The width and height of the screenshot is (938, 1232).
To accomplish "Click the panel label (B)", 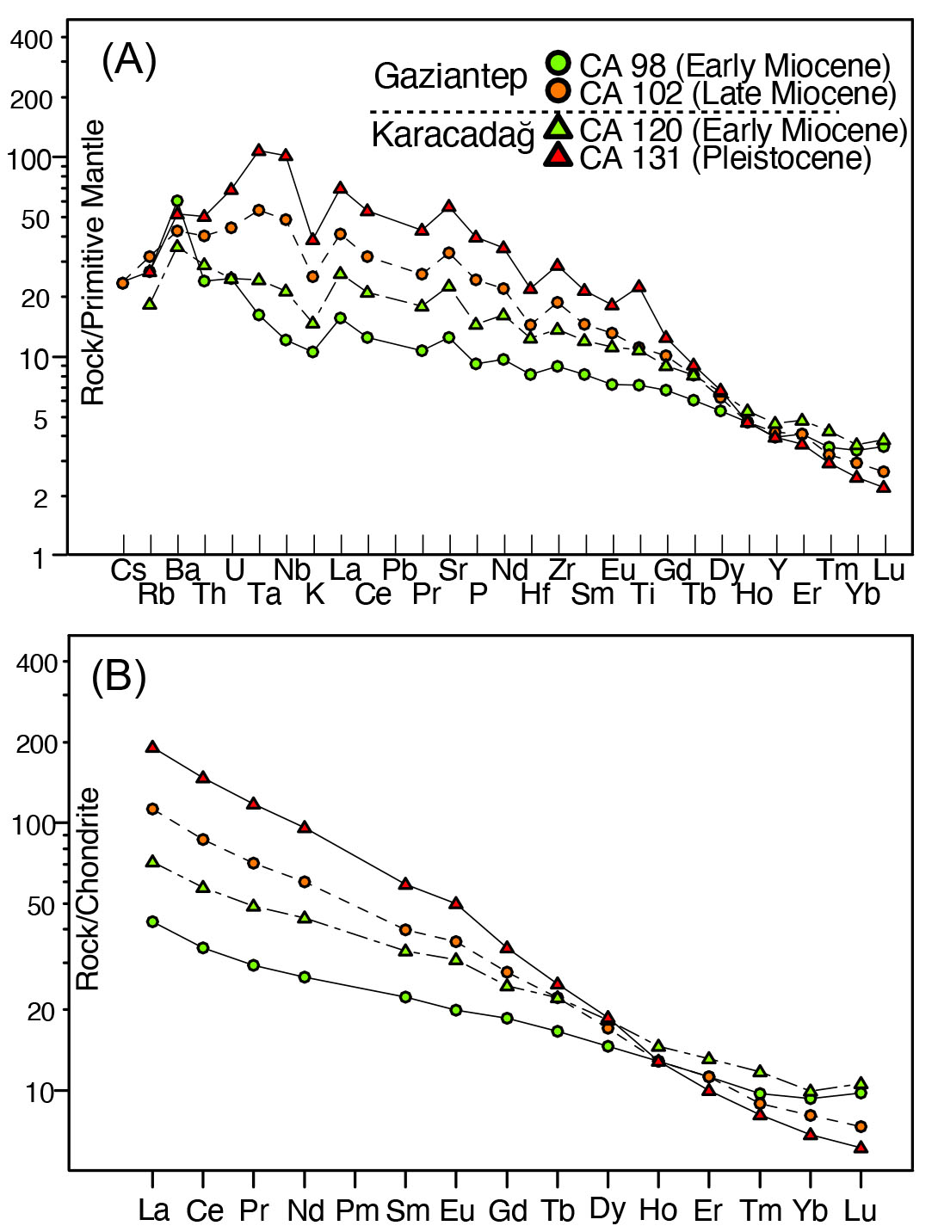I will point(119,676).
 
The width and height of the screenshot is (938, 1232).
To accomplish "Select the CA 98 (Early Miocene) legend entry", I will point(734,65).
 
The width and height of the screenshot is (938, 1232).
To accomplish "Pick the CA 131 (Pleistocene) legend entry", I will point(725,157).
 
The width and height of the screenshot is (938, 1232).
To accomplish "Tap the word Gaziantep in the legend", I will point(450,77).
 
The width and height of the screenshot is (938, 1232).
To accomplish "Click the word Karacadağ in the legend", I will point(453,135).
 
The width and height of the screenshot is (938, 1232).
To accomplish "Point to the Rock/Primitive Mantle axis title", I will point(93,262).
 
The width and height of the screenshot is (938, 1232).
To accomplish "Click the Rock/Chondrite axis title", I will point(89,890).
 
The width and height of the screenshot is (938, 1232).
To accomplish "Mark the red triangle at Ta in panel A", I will point(259,151).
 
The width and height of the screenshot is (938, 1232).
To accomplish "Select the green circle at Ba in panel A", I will point(177,201).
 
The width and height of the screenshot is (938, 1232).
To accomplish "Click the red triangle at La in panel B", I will point(152,747).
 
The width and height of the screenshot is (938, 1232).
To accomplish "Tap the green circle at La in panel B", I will point(152,921).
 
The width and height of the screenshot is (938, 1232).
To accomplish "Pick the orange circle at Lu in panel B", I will point(861,1126).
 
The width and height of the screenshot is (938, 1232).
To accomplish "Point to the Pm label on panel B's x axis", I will point(356,1210).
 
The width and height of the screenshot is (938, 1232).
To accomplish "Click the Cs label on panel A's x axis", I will point(128,570).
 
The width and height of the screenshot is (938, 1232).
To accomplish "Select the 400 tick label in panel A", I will point(32,40).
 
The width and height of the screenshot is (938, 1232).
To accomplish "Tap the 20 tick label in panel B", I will point(40,1011).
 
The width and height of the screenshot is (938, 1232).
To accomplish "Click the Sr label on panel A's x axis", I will point(453,570).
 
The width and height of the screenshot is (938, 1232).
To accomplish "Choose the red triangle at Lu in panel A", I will point(884,487).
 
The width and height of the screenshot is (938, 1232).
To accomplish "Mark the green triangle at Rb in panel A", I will point(151,304).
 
